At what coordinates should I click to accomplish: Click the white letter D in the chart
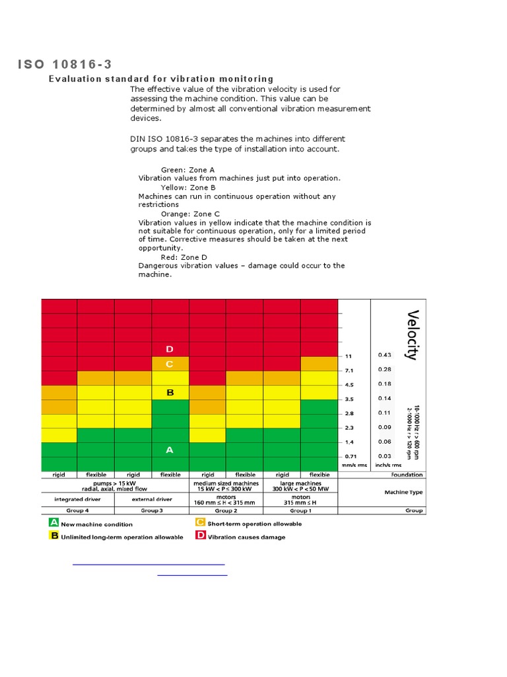pyautogui.click(x=170, y=349)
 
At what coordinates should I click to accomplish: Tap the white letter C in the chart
pyautogui.click(x=170, y=364)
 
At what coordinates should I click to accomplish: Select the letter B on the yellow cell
pyautogui.click(x=170, y=393)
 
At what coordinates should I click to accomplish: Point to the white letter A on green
pyautogui.click(x=170, y=450)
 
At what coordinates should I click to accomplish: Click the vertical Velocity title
pyautogui.click(x=413, y=335)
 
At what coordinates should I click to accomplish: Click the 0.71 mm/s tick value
pyautogui.click(x=350, y=456)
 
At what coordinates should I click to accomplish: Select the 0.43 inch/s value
pyautogui.click(x=384, y=355)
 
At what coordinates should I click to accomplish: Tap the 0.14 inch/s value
pyautogui.click(x=384, y=399)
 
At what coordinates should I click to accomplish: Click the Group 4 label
pyautogui.click(x=77, y=510)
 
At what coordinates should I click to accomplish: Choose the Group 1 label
pyautogui.click(x=300, y=510)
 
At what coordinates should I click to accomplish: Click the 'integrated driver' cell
pyautogui.click(x=77, y=499)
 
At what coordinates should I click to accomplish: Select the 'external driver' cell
pyautogui.click(x=152, y=499)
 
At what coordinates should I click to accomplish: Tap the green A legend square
pyautogui.click(x=54, y=522)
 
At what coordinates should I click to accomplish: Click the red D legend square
pyautogui.click(x=200, y=536)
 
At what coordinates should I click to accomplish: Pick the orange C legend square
pyautogui.click(x=200, y=522)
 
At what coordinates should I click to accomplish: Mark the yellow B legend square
pyautogui.click(x=54, y=536)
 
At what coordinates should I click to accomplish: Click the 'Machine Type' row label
pyautogui.click(x=403, y=492)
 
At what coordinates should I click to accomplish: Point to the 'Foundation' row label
pyautogui.click(x=407, y=475)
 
